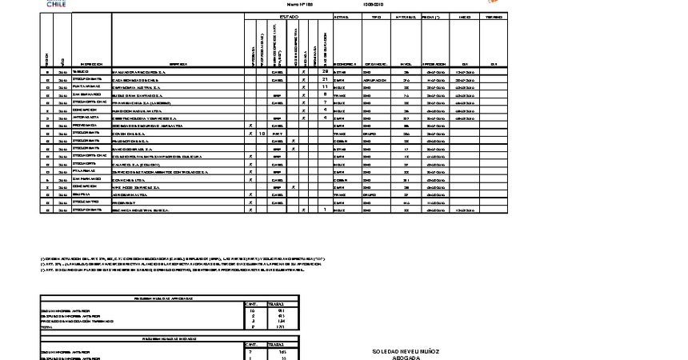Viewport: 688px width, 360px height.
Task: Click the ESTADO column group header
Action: point(289,17)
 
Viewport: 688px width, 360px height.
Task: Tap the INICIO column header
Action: point(465,17)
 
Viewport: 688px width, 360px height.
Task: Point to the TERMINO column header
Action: point(494,17)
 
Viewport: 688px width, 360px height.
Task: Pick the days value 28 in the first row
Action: point(325,72)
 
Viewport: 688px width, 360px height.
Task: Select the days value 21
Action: point(325,80)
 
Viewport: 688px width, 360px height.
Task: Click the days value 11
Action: point(325,87)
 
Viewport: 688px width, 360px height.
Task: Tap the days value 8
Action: point(325,95)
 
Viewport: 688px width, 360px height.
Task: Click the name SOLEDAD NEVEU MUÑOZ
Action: point(406,351)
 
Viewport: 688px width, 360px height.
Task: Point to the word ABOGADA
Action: point(406,358)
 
